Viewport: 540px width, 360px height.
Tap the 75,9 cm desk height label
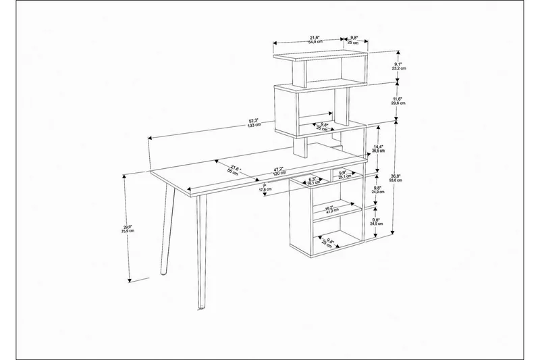[x=127, y=229]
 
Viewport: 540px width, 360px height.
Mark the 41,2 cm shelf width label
[x=329, y=209]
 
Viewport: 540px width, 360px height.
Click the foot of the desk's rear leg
[x=163, y=272]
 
